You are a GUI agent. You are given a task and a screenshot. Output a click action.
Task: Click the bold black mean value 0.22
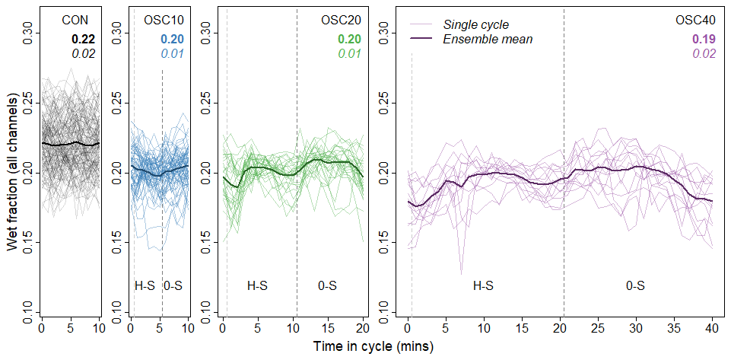tap(83, 39)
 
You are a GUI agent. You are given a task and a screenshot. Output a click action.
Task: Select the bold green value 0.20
tap(349, 39)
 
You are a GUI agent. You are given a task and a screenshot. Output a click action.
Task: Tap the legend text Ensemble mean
tap(488, 39)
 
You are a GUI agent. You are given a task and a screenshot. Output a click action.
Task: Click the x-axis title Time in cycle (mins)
tap(373, 346)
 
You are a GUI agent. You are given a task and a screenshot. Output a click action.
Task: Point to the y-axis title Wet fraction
tap(13, 172)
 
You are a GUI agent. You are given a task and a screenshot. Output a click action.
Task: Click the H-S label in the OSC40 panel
tap(483, 286)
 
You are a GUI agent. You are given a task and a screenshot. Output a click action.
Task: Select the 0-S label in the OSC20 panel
tap(328, 286)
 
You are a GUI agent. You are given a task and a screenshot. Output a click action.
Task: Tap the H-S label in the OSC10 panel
tap(145, 286)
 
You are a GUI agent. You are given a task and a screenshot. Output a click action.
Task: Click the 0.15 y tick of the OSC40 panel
tap(385, 242)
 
